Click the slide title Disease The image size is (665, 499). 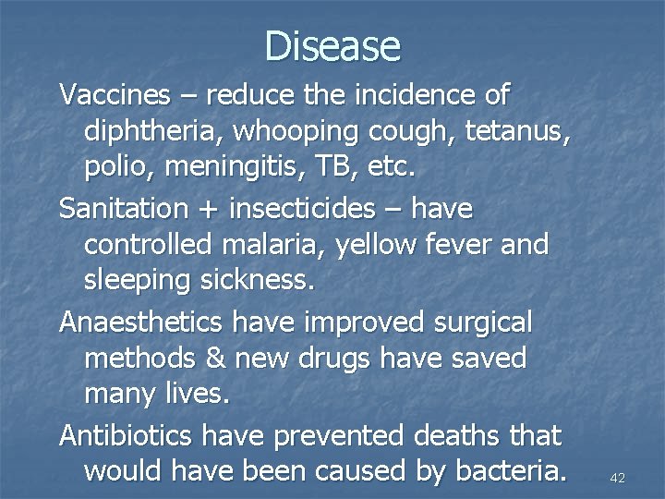coord(332,45)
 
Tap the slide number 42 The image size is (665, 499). coord(619,478)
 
